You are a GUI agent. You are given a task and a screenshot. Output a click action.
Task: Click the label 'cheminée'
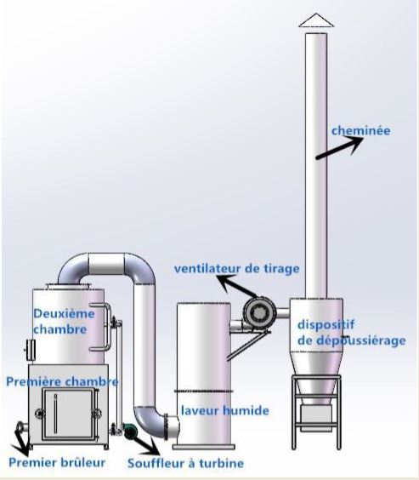pos(361,131)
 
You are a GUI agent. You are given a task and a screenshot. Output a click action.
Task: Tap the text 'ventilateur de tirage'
pos(237,269)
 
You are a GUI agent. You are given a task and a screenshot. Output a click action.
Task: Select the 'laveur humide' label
pos(225,410)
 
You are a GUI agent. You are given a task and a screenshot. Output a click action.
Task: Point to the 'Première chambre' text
pos(62,382)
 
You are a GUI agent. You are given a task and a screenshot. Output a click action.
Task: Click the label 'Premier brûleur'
pos(57,462)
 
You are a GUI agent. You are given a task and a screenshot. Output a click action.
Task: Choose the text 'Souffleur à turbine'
pos(185,463)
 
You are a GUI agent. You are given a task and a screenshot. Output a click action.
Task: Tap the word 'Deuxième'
pos(64,313)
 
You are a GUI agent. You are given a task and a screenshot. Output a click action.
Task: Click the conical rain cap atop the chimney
pos(316,20)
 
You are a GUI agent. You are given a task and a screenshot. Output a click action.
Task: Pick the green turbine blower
pos(129,431)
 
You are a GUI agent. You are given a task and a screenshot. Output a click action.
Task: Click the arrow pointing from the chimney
pos(339,148)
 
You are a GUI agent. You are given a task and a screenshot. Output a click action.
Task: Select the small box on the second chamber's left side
pos(31,350)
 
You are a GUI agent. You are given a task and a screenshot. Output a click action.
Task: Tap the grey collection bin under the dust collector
pos(316,417)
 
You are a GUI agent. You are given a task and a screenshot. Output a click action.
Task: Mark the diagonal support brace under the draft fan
pos(247,346)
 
